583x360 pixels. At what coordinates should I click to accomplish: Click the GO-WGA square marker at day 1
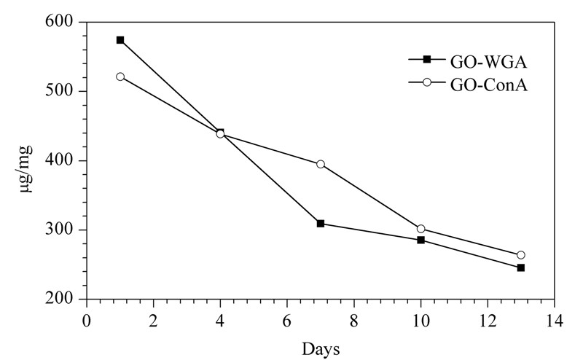coord(120,40)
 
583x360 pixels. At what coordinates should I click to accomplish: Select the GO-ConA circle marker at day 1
coord(120,77)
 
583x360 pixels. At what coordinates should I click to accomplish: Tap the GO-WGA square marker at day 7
coord(321,224)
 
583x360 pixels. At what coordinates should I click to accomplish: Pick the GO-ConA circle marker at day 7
coord(321,164)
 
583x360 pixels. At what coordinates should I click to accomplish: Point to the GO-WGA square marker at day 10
coord(421,240)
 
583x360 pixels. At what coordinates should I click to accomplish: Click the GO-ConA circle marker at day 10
coord(421,229)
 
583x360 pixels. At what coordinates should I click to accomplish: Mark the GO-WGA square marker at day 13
coord(521,267)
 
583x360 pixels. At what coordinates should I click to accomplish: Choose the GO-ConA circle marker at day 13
coord(521,255)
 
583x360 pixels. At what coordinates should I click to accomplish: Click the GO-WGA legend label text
coord(488,62)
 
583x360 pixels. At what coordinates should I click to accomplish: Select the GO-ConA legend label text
coord(489,85)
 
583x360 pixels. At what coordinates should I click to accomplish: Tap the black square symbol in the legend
coord(427,59)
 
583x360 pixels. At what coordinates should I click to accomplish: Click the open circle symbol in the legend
coord(427,82)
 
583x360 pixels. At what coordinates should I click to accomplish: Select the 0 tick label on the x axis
coord(86,320)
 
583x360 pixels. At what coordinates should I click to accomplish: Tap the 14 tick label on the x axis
coord(554,320)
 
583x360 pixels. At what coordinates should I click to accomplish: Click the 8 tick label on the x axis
coord(353,320)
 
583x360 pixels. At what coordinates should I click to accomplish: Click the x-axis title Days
coord(321,349)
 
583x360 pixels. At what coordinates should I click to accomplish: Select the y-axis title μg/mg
coord(26,169)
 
